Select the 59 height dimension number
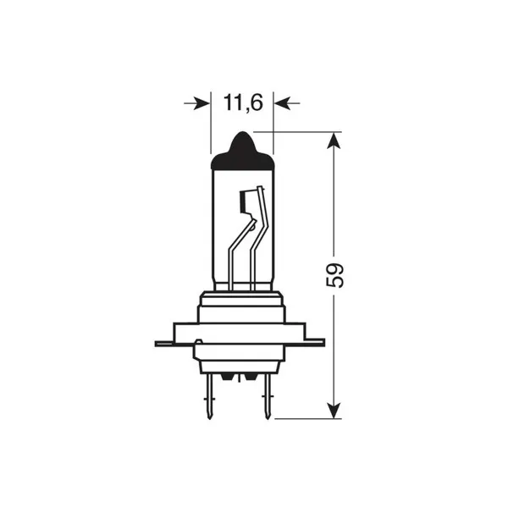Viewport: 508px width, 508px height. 336,275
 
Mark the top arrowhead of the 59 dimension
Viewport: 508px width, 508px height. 336,141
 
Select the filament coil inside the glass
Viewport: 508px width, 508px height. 245,203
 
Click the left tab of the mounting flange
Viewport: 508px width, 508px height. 163,343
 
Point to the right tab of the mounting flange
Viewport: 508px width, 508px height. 317,343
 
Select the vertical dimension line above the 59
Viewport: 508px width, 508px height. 336,203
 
